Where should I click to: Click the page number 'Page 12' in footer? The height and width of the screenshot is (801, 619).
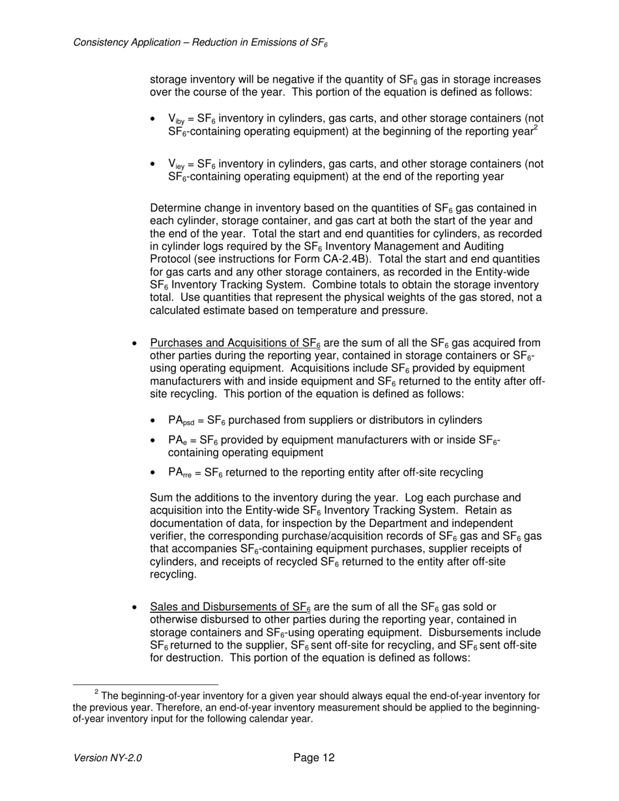pyautogui.click(x=314, y=757)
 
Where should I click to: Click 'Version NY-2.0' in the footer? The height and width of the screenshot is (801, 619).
pyautogui.click(x=108, y=758)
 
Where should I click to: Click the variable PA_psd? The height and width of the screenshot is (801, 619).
pyautogui.click(x=180, y=421)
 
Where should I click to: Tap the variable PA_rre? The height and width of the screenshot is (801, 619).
pyautogui.click(x=179, y=473)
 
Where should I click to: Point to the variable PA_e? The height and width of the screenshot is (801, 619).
pyautogui.click(x=175, y=440)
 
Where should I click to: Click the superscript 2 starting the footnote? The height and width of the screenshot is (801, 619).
pyautogui.click(x=96, y=692)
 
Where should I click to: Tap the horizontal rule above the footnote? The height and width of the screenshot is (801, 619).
pyautogui.click(x=145, y=684)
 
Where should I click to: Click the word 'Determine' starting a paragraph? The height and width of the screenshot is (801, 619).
pyautogui.click(x=174, y=208)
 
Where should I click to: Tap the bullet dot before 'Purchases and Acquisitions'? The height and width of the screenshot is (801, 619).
pyautogui.click(x=134, y=343)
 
